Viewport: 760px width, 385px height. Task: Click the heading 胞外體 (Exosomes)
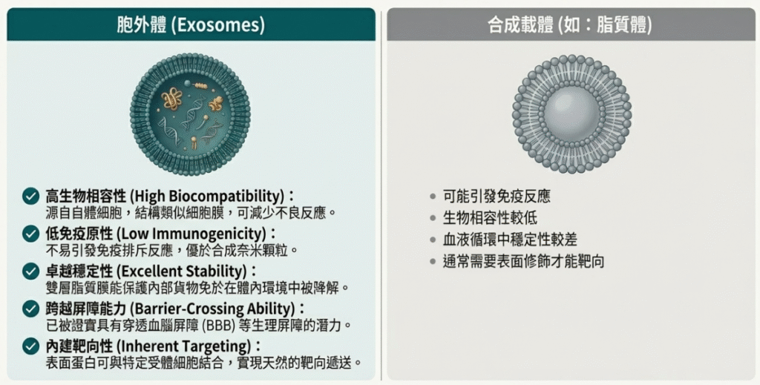click(x=191, y=24)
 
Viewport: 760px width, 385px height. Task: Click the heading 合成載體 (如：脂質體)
click(x=570, y=24)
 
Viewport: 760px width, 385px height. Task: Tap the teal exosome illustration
click(x=190, y=114)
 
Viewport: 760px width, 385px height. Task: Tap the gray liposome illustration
click(x=572, y=114)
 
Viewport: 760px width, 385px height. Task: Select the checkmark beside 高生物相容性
click(x=31, y=196)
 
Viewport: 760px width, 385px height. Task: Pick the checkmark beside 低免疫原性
click(x=31, y=234)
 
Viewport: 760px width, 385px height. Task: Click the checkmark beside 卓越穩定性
click(x=31, y=272)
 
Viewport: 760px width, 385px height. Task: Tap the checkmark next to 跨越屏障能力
click(x=31, y=309)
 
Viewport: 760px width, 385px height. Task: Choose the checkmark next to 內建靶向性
click(x=31, y=346)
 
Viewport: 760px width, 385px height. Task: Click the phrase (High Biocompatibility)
click(x=207, y=196)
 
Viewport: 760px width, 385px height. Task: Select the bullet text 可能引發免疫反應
click(x=497, y=196)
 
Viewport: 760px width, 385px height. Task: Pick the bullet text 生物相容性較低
click(x=490, y=218)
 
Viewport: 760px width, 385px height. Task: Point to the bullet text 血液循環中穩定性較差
click(x=510, y=240)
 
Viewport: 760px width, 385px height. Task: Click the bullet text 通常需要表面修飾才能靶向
click(x=523, y=262)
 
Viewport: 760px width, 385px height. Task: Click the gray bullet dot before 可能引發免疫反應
click(x=433, y=197)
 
